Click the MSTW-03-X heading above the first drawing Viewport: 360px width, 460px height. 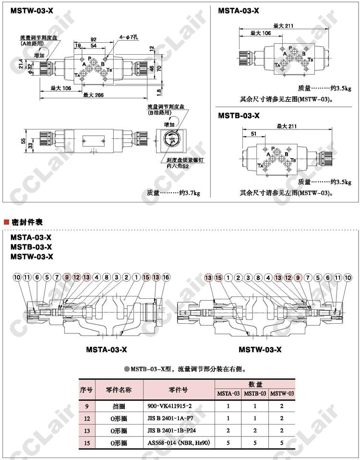[29, 10]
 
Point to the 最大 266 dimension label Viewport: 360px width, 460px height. [93, 95]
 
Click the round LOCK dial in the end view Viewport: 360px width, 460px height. [173, 140]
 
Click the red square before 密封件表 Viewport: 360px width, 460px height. [6, 222]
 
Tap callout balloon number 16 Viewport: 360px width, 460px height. [166, 277]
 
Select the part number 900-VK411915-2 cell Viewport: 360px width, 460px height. [169, 406]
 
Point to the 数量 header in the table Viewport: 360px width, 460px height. [255, 384]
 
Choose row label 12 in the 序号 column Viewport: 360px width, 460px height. [86, 418]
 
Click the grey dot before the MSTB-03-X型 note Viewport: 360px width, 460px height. [127, 369]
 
